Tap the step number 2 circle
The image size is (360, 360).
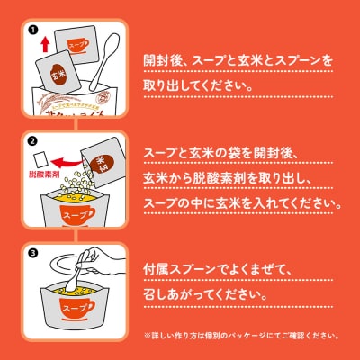(x=31, y=140)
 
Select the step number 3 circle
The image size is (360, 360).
(x=31, y=253)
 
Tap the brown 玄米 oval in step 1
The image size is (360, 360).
(x=57, y=72)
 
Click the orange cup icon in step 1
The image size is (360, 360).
(x=77, y=43)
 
